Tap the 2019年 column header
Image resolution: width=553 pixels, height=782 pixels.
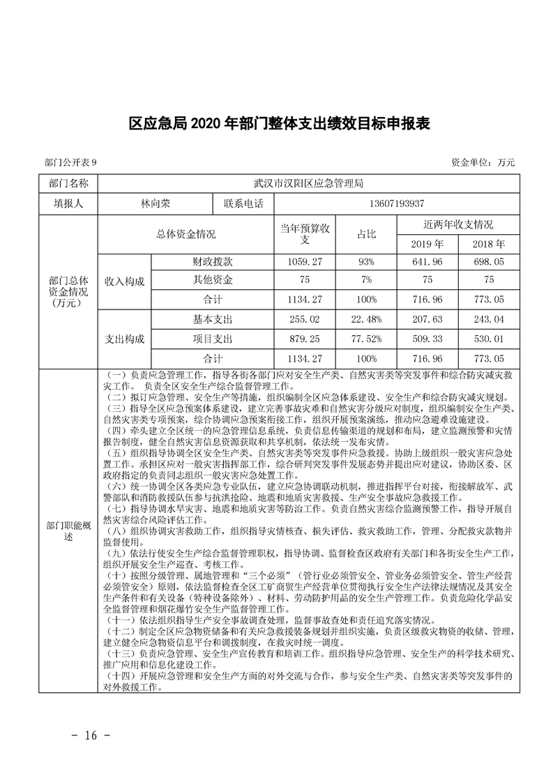tap(427, 245)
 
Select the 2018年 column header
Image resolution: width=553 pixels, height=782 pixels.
tap(488, 245)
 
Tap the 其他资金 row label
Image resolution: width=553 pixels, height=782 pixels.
tap(213, 279)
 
